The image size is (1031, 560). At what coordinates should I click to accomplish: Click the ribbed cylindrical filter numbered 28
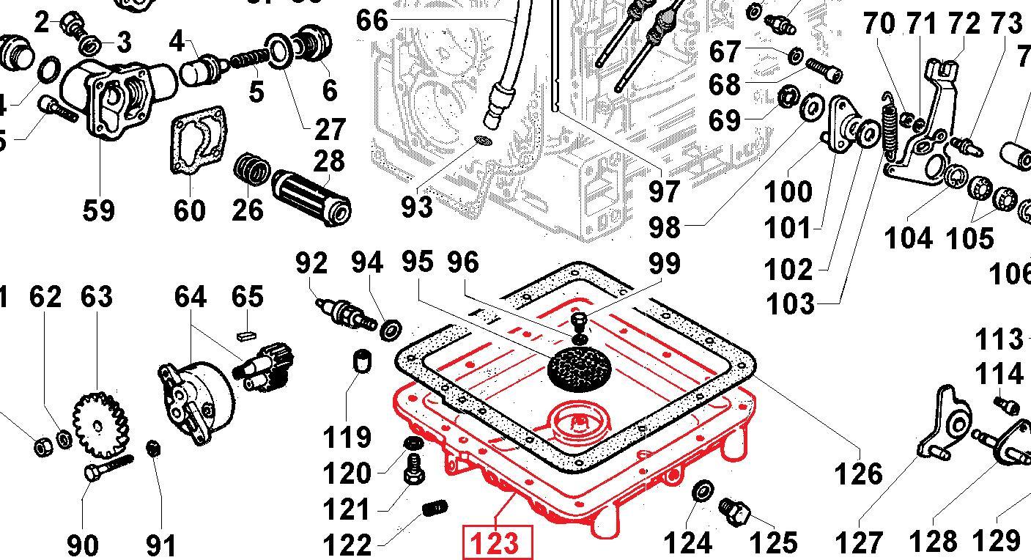(x=311, y=196)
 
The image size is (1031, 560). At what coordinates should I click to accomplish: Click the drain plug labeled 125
(x=733, y=510)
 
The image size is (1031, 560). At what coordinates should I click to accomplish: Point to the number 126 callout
(x=859, y=474)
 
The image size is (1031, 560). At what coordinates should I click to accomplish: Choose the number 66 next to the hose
(x=372, y=20)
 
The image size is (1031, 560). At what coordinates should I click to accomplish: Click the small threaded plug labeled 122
(x=436, y=507)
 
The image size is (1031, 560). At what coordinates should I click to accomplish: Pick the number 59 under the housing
(x=99, y=211)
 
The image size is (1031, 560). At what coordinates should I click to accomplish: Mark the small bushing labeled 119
(x=361, y=361)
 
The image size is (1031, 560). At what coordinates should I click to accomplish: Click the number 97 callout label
(x=665, y=192)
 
